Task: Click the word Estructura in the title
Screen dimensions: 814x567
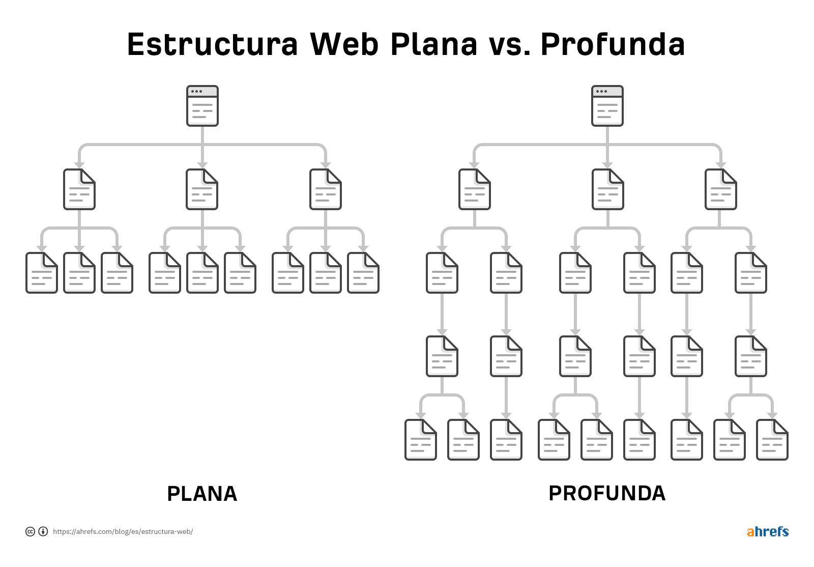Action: pyautogui.click(x=213, y=44)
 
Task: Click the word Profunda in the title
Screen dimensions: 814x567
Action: pyautogui.click(x=613, y=44)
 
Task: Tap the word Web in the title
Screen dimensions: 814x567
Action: pyautogui.click(x=344, y=44)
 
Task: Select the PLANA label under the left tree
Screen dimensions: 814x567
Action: pyautogui.click(x=202, y=494)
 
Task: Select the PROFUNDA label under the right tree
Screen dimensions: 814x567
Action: pyautogui.click(x=607, y=493)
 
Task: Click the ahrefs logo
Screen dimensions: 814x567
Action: pyautogui.click(x=768, y=531)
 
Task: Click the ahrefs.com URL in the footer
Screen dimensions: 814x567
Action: pyautogui.click(x=123, y=531)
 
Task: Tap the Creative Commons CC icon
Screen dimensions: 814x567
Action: pyautogui.click(x=30, y=531)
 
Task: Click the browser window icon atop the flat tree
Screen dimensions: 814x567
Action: pyautogui.click(x=202, y=106)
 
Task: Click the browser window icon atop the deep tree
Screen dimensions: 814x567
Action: pyautogui.click(x=607, y=106)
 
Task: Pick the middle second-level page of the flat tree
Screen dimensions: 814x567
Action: pyautogui.click(x=202, y=189)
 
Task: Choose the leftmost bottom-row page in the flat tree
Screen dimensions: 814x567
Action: pyautogui.click(x=41, y=273)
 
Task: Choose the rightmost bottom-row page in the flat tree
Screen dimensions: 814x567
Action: pyautogui.click(x=363, y=273)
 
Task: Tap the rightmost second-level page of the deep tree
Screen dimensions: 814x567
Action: pyautogui.click(x=720, y=189)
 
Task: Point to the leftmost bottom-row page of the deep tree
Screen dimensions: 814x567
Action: pyautogui.click(x=420, y=440)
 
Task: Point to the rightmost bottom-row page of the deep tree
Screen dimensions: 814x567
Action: pyautogui.click(x=772, y=440)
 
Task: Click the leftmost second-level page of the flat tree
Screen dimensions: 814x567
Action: pyautogui.click(x=79, y=189)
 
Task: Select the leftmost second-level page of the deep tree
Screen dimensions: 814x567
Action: pyautogui.click(x=474, y=189)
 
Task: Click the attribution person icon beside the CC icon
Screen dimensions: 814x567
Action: pyautogui.click(x=43, y=531)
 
